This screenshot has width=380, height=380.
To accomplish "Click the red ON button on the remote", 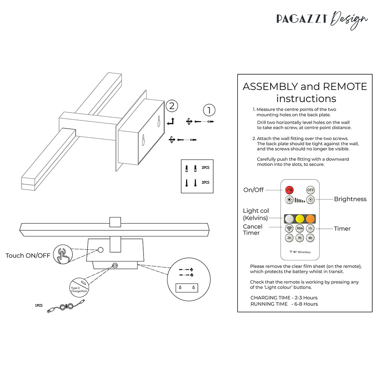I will point(289,190).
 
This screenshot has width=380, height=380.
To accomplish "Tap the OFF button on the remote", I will point(310,190).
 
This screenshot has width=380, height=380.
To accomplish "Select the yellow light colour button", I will point(300,218).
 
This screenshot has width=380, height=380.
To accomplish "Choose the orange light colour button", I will point(310,218).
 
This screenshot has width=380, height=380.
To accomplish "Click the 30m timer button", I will point(300,228).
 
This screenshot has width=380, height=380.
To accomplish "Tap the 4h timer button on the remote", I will point(310,238).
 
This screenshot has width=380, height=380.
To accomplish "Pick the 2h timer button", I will point(289,238).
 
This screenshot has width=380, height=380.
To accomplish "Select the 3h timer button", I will point(300,238).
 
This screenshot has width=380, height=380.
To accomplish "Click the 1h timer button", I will point(310,228).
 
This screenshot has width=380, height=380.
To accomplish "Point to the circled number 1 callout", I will point(209,110).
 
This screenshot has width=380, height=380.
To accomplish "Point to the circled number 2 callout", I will point(171,106).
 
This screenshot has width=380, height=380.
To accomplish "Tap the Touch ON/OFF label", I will point(28,255).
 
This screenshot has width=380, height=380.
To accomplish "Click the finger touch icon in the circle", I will point(62,255).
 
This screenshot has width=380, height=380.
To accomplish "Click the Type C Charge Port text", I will point(78,290).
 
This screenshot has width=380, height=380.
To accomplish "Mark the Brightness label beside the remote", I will point(350,199).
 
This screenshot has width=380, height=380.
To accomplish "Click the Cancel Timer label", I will point(252,230).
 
